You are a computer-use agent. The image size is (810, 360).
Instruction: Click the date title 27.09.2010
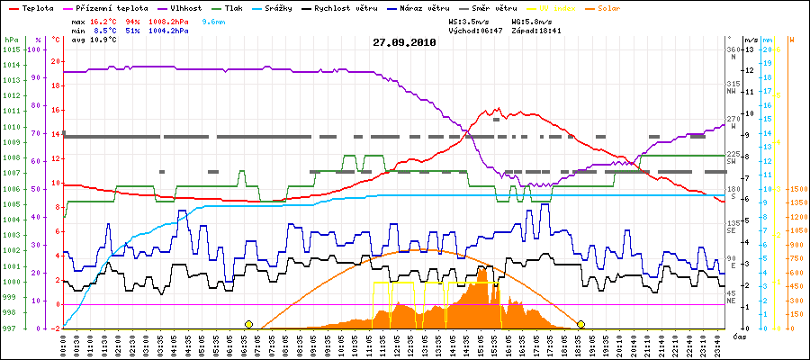(404, 42)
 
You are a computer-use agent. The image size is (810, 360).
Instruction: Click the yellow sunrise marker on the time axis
(248, 324)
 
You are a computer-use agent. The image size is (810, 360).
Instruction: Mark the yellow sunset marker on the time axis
(581, 324)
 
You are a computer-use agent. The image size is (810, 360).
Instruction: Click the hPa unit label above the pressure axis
(10, 40)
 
